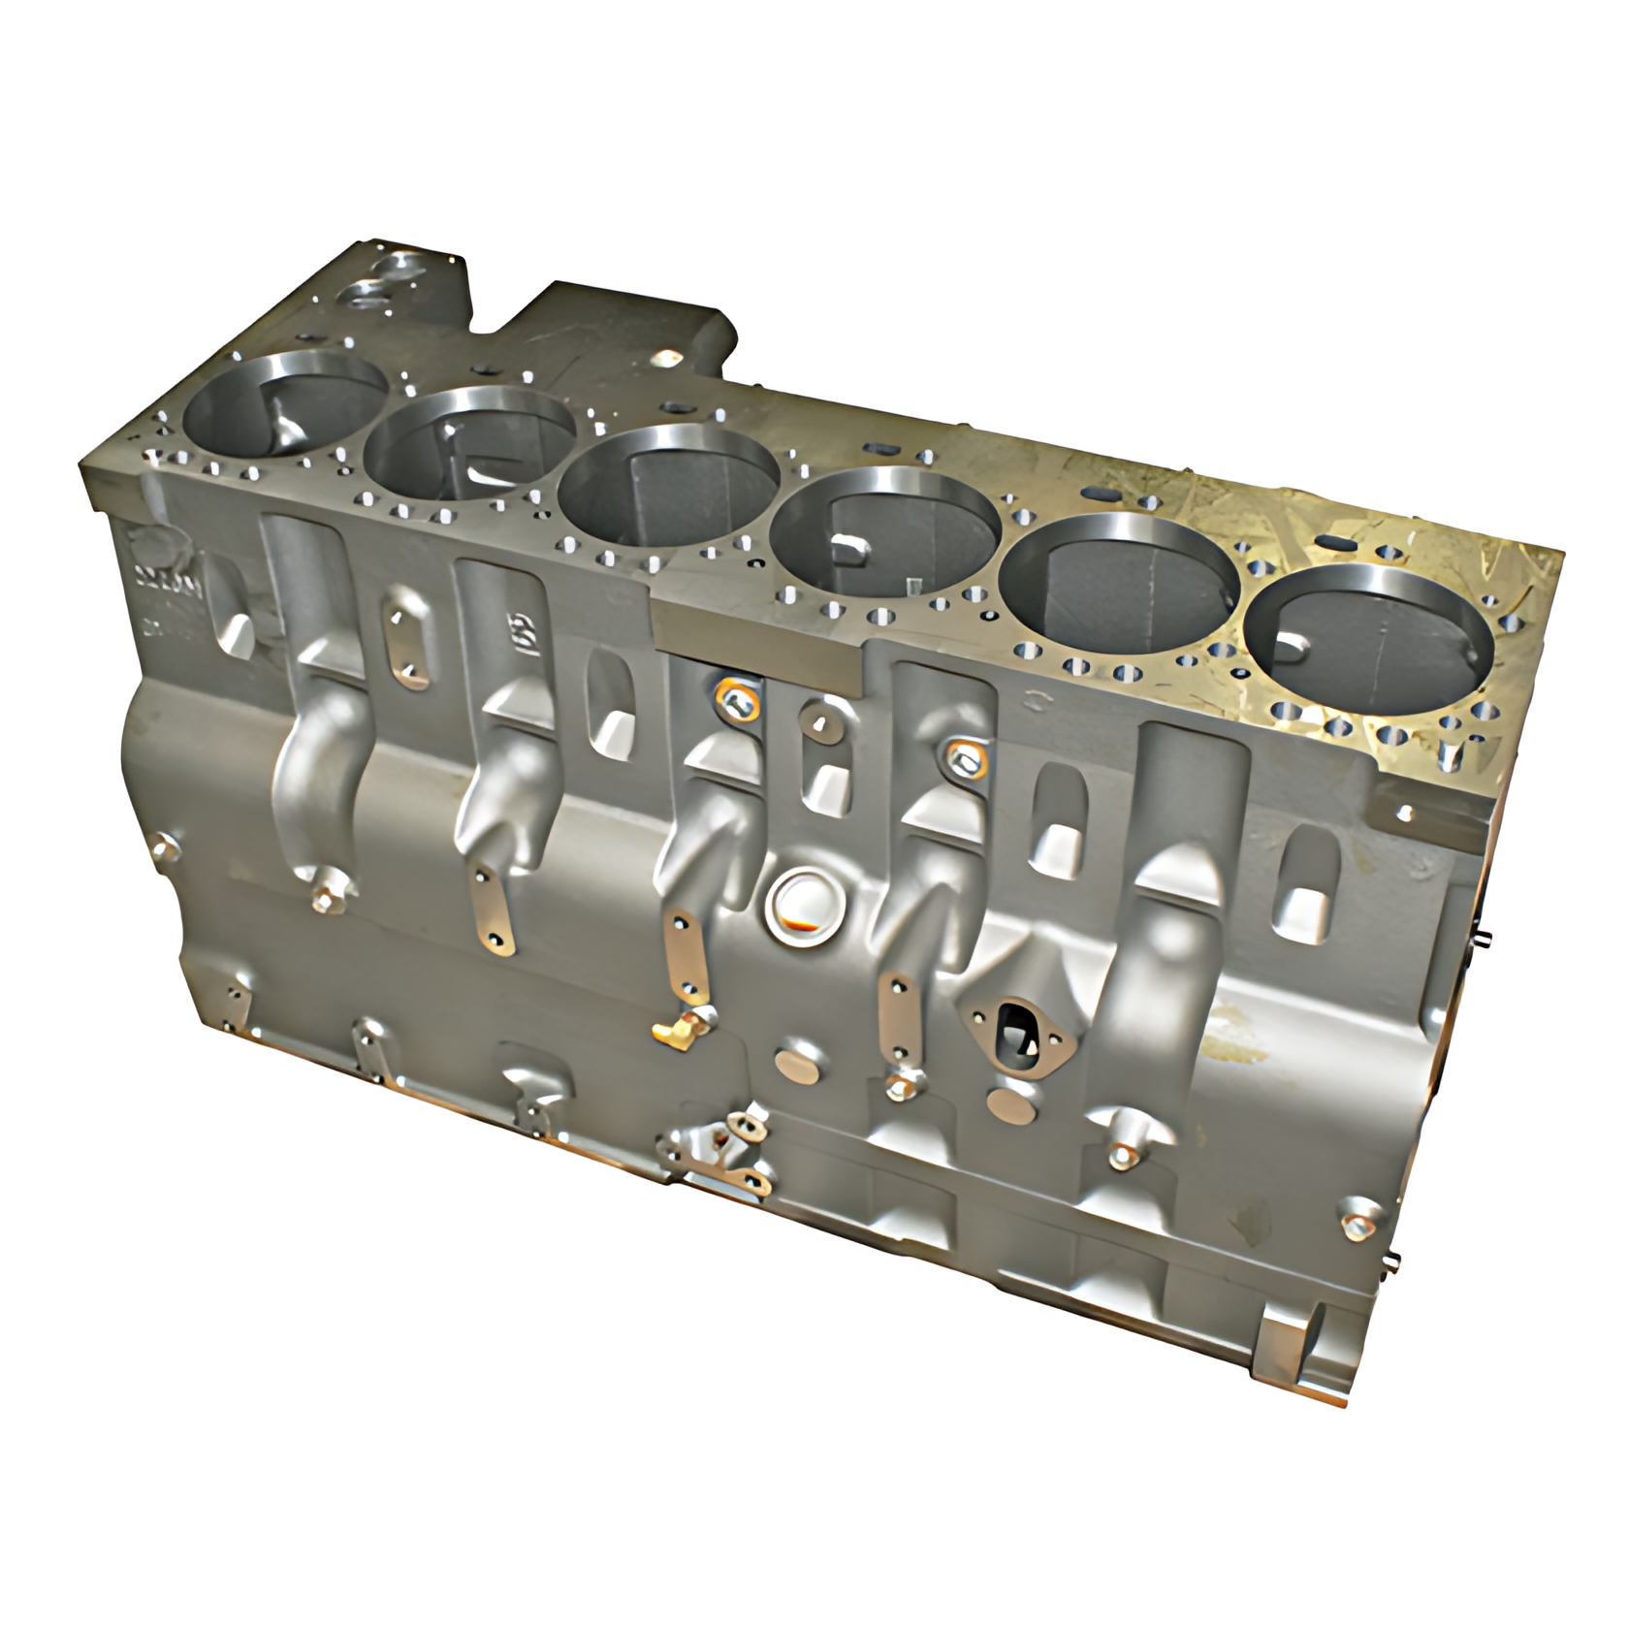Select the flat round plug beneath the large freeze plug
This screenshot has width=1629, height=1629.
[x=801, y=1061]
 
